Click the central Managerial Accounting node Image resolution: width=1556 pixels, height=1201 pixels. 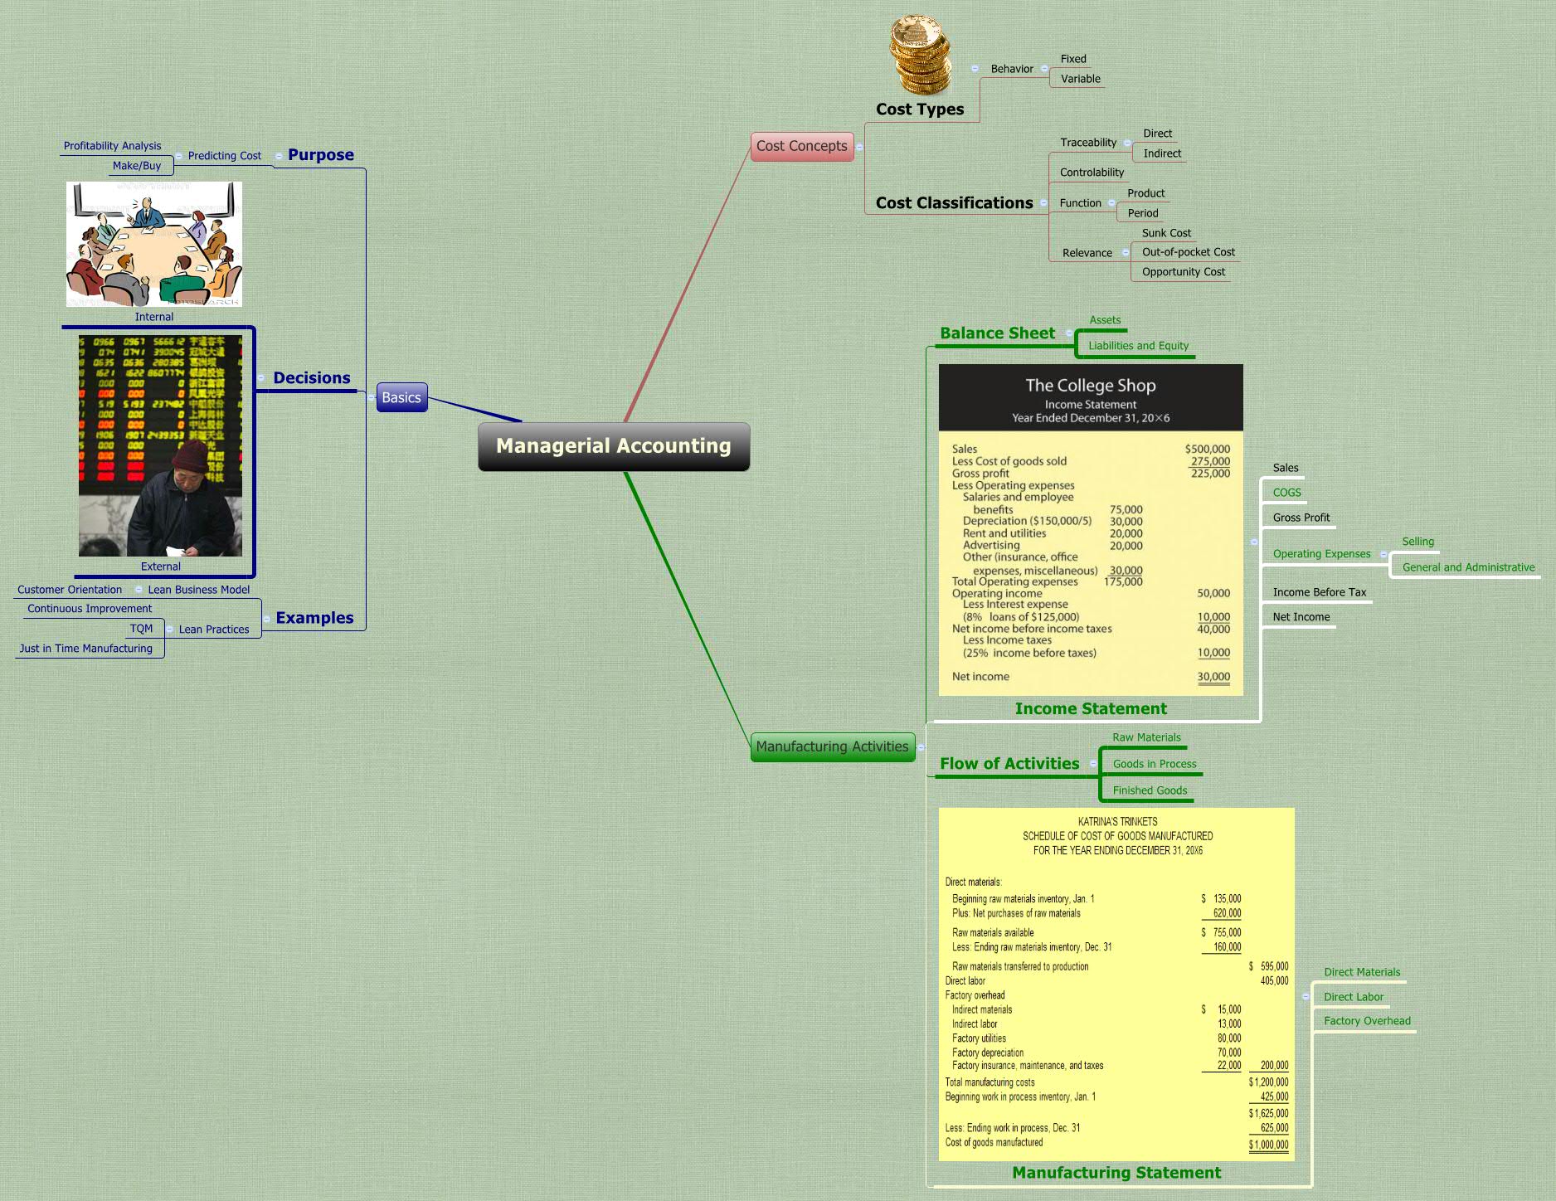[x=614, y=446]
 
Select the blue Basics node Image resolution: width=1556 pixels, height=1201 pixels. [x=401, y=397]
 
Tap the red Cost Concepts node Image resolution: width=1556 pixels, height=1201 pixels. [x=801, y=146]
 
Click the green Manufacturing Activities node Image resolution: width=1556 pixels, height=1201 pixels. [x=832, y=746]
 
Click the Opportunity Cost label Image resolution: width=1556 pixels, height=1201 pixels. [x=1183, y=272]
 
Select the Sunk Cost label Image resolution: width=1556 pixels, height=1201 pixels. [x=1166, y=233]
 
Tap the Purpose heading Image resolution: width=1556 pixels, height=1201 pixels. [x=320, y=155]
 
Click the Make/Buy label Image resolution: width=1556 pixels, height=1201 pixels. [x=137, y=166]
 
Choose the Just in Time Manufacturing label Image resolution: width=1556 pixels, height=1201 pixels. [x=86, y=649]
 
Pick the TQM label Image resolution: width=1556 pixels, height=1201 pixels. [x=141, y=629]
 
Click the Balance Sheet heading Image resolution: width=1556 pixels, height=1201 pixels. [x=997, y=333]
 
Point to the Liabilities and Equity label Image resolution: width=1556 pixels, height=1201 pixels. [x=1138, y=346]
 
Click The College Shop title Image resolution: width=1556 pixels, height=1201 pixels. [x=1090, y=386]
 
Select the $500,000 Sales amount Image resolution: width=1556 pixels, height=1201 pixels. [x=1207, y=449]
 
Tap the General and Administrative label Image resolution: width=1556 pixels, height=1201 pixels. [x=1468, y=567]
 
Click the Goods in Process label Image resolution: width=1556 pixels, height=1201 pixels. [x=1155, y=764]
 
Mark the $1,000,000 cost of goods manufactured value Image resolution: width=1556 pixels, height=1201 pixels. [x=1269, y=1145]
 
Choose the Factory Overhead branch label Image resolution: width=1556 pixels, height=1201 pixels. [x=1367, y=1021]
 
